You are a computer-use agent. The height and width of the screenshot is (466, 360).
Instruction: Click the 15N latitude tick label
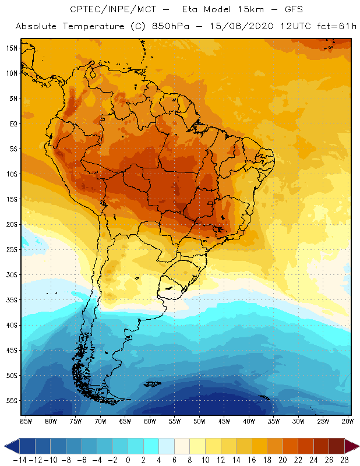12,48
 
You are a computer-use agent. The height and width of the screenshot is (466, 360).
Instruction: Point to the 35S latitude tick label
12,299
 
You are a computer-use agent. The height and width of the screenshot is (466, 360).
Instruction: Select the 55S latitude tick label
12,401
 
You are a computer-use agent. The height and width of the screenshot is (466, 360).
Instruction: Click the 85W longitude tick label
26,421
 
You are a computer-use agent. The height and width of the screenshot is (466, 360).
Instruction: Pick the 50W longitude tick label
199,421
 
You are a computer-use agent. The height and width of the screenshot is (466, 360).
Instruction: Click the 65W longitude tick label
125,421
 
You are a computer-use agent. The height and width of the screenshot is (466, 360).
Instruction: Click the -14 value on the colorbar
19,460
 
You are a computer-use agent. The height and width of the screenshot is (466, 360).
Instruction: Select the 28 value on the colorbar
344,460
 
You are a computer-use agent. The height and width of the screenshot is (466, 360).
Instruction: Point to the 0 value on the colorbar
128,460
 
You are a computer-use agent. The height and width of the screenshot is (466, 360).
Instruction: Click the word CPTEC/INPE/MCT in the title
112,10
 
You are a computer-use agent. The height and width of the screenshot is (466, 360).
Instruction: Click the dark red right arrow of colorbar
352,447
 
